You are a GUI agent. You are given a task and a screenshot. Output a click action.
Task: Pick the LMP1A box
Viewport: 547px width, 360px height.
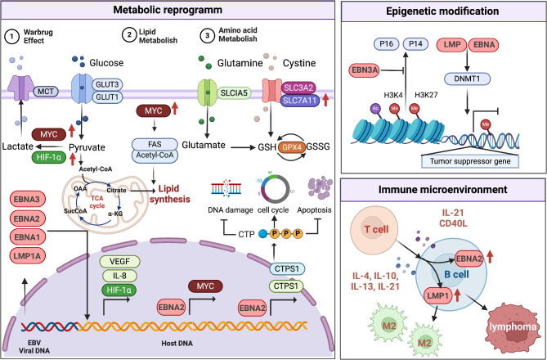pyautogui.click(x=34, y=256)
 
